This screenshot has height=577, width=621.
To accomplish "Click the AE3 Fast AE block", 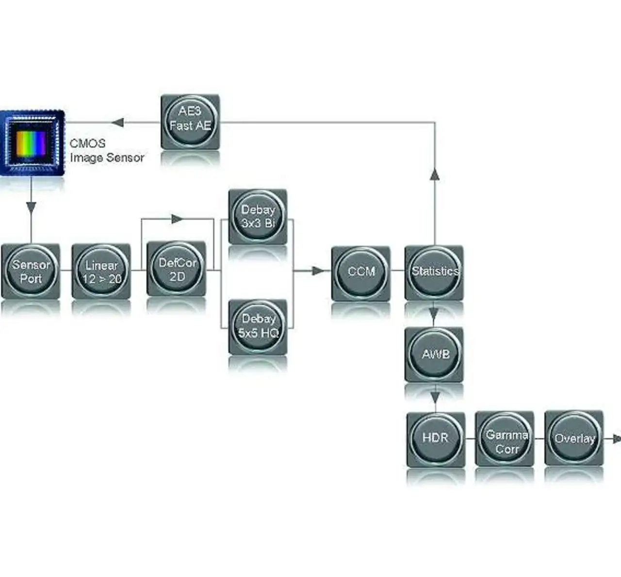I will tap(190, 121).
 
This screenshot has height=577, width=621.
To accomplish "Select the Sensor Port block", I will tap(31, 271).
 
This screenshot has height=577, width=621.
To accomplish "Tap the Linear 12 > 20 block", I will tap(101, 271).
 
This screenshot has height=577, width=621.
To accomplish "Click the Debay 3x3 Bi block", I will tap(258, 216).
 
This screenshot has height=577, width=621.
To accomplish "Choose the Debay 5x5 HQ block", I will tap(258, 326).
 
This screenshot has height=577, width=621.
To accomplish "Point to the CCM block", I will tap(360, 272).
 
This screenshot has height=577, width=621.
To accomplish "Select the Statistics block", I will tap(434, 272).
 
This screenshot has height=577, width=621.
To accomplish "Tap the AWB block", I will tap(435, 354).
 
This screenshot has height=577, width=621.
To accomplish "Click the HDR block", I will tap(435, 438).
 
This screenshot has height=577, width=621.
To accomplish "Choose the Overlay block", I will tap(574, 438).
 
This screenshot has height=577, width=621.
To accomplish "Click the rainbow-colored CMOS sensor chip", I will tap(32, 143).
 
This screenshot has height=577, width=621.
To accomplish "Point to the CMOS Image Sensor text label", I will tap(107, 150).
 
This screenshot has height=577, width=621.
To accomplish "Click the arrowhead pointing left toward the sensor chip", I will tap(117, 122).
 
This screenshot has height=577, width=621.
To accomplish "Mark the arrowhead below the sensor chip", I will tap(31, 208).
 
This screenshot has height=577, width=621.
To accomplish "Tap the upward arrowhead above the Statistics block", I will tap(435, 175).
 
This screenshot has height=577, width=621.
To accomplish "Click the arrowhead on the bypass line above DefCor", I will tap(177, 219).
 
